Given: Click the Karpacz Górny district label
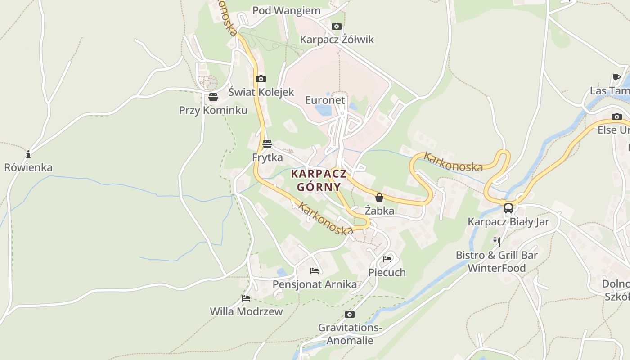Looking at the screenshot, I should click(x=319, y=180).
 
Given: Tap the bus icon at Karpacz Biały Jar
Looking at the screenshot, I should click(x=508, y=208).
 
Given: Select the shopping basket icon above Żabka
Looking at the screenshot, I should click(x=379, y=198).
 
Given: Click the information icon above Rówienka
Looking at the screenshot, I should click(x=28, y=155).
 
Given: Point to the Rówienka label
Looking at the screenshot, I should click(x=28, y=167).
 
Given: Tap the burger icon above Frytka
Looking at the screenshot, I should click(x=267, y=144).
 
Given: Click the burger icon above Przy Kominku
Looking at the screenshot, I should click(x=213, y=97).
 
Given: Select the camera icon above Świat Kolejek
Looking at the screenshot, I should click(x=261, y=79).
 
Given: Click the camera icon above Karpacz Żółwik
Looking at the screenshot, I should click(x=336, y=27).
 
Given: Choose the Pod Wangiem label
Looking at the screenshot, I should click(x=286, y=10).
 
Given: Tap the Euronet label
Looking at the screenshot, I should click(x=325, y=100).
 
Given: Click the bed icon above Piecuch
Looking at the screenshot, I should click(x=387, y=259).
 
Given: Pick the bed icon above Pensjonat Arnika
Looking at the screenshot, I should click(x=315, y=271).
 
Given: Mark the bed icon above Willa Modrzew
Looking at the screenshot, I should click(x=246, y=298).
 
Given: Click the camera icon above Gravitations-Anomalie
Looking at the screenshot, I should click(x=349, y=314).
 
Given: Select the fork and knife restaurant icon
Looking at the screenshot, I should click(x=497, y=242).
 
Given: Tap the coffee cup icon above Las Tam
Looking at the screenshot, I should click(x=616, y=78).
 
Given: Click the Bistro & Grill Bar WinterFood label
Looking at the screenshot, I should click(x=497, y=261).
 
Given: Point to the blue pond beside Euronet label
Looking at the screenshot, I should click(x=323, y=110).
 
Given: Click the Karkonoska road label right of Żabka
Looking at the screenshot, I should click(x=453, y=162).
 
